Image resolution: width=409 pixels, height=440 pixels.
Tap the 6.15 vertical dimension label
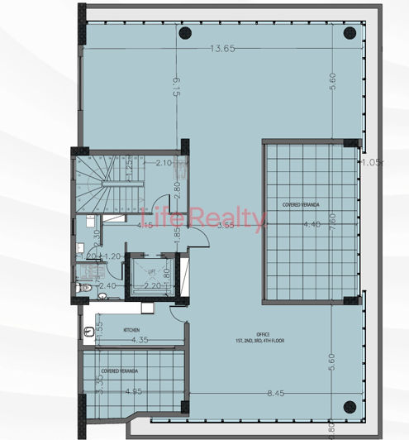(x=176, y=88)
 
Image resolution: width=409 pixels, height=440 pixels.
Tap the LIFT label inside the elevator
(x=152, y=271)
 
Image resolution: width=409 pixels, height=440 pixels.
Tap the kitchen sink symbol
(x=89, y=330)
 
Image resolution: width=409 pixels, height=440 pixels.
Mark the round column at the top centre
(x=185, y=34)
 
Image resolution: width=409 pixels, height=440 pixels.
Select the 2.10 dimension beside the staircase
(x=164, y=163)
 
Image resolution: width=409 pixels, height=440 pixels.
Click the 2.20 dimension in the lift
(x=151, y=286)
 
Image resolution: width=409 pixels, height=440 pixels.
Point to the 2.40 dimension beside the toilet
(x=107, y=286)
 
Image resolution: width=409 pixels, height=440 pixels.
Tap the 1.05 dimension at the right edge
(x=373, y=162)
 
